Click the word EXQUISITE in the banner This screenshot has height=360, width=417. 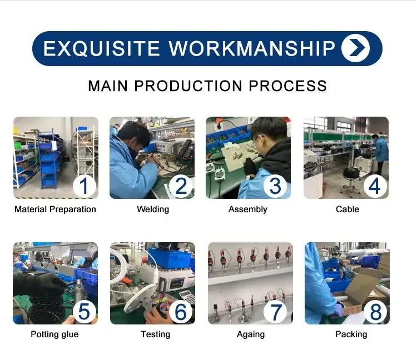101,49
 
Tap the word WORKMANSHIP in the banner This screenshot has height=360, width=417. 252,49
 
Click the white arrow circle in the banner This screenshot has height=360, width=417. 356,48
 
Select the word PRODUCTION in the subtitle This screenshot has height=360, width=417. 188,86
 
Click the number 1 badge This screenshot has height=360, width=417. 84,186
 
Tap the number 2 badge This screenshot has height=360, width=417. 181,186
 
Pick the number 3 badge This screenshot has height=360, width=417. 275,186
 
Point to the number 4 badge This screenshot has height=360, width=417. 374,186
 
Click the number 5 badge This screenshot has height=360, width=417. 84,311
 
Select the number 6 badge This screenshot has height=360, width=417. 181,311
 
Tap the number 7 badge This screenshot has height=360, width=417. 276,311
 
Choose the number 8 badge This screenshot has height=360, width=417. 375,311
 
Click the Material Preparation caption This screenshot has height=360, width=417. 55,209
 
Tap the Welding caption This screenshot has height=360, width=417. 153,209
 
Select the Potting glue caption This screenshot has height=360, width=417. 54,334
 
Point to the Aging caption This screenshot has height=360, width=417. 251,334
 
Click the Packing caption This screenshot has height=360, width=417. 351,334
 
